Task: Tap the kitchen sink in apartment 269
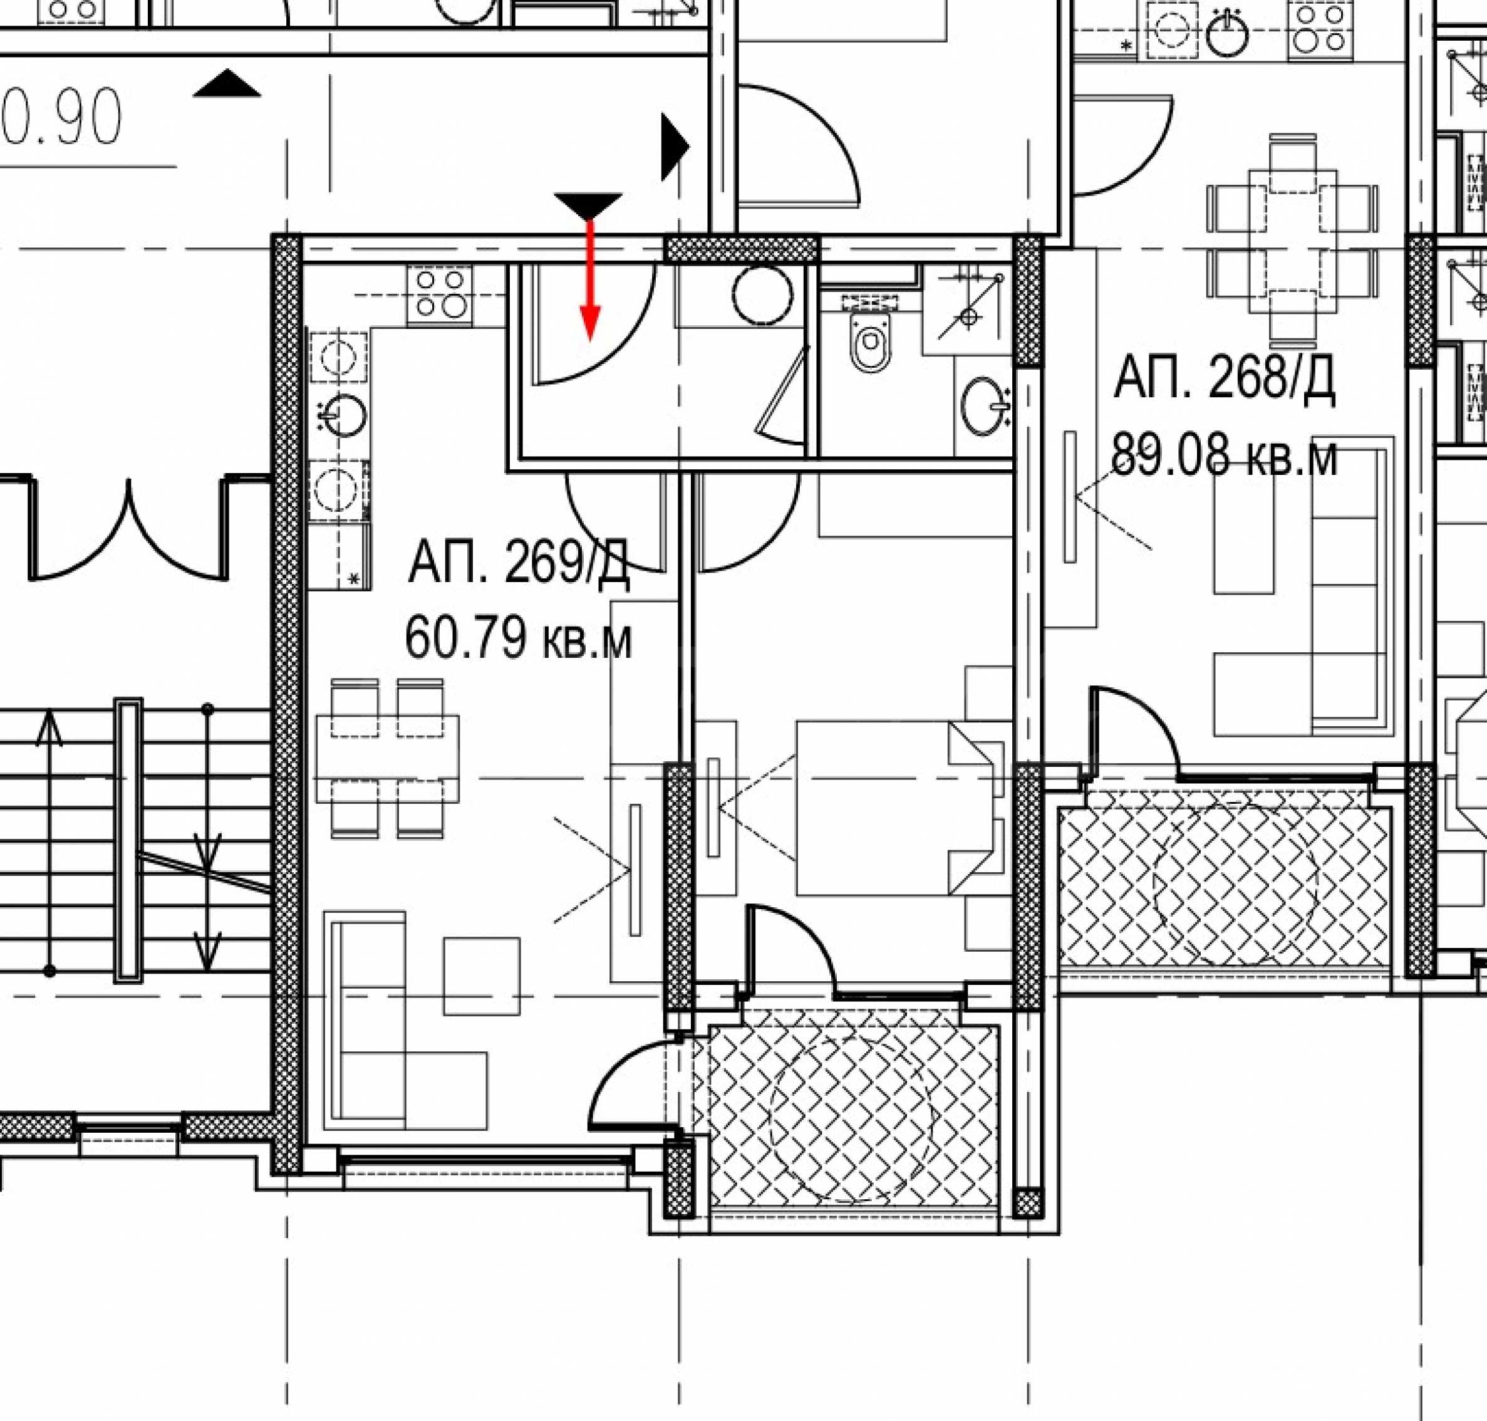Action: [x=342, y=414]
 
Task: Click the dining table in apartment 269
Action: [x=388, y=758]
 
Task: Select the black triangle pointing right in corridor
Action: [x=675, y=147]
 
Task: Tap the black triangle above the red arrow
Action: [x=588, y=206]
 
